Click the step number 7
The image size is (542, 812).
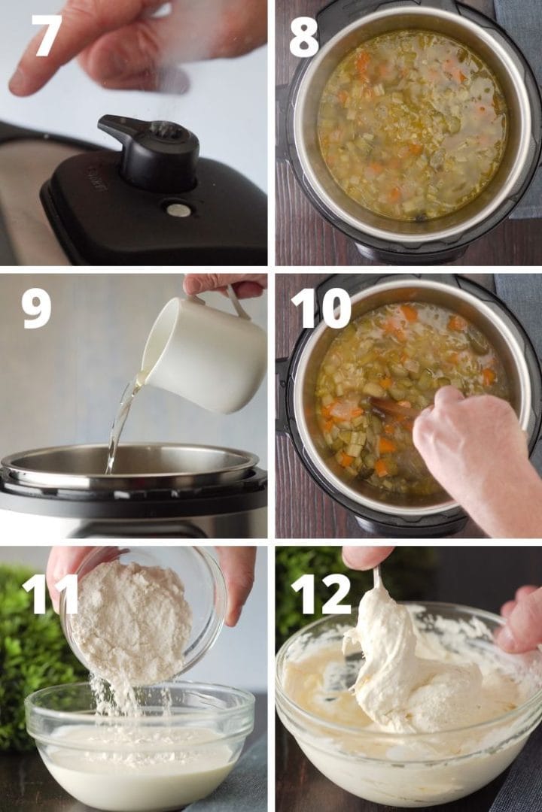pyautogui.click(x=46, y=35)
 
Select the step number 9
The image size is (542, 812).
pyautogui.click(x=36, y=308)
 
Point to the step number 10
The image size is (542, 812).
pyautogui.click(x=321, y=308)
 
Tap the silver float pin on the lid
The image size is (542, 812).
pyautogui.click(x=178, y=210)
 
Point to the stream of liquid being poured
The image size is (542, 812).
pyautogui.click(x=120, y=429)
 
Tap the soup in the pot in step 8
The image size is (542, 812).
pyautogui.click(x=410, y=124)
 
